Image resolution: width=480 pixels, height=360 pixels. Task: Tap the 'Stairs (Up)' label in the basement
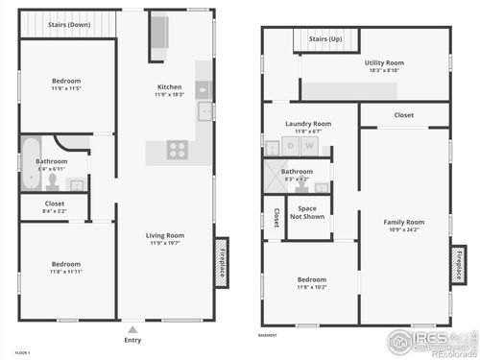pyautogui.click(x=324, y=39)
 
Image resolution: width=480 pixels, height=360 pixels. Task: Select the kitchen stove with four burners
pyautogui.click(x=177, y=149)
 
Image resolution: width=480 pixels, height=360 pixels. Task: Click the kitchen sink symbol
pyautogui.click(x=204, y=112)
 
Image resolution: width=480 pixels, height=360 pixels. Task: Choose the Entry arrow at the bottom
pyautogui.click(x=132, y=327)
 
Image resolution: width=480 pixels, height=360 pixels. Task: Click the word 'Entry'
pyautogui.click(x=132, y=340)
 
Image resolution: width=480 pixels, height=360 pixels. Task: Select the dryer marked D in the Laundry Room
pyautogui.click(x=291, y=146)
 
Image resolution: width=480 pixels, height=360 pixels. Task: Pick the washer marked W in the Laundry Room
pyautogui.click(x=310, y=146)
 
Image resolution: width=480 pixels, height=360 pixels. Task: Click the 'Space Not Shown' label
pyautogui.click(x=307, y=212)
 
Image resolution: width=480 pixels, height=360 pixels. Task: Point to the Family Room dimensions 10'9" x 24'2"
pyautogui.click(x=403, y=229)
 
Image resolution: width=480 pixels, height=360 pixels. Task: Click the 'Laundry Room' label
pyautogui.click(x=308, y=123)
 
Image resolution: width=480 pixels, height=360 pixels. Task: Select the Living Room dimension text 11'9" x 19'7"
pyautogui.click(x=165, y=243)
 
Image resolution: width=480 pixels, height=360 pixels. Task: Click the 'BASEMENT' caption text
pyautogui.click(x=268, y=335)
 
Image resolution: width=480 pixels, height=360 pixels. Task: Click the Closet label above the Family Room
pyautogui.click(x=403, y=115)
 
